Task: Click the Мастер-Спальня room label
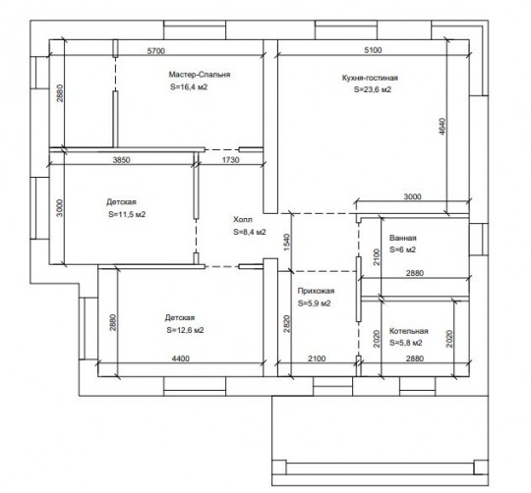[x=200, y=75]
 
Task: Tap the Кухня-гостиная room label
[x=370, y=78]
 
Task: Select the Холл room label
[x=243, y=219]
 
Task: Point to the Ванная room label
[x=402, y=238]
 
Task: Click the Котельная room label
[x=409, y=331]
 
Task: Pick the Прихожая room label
[x=316, y=291]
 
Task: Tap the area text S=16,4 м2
[x=189, y=86]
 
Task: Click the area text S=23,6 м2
[x=373, y=89]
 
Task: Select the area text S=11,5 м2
[x=127, y=214]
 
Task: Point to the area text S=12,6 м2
[x=185, y=330]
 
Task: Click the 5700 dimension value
[x=156, y=51]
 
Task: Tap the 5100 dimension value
[x=373, y=50]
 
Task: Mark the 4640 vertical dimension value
[x=442, y=126]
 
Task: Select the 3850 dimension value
[x=121, y=160]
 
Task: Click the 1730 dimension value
[x=231, y=160]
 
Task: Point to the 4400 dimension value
[x=181, y=358]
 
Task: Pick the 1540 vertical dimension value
[x=286, y=243]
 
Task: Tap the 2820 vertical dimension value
[x=286, y=324]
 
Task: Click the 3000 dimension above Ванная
[x=412, y=196]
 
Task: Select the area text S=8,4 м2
[x=250, y=232]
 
